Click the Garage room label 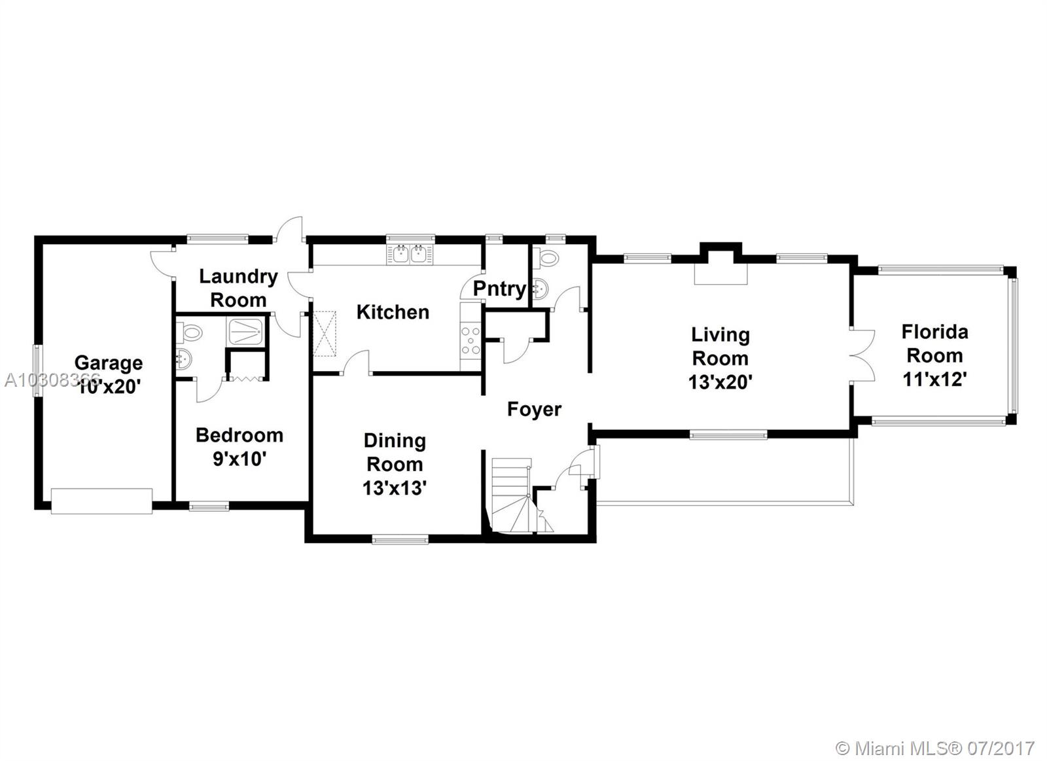click(x=109, y=363)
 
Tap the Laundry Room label click(x=238, y=288)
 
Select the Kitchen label click(x=393, y=312)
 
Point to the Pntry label click(x=499, y=289)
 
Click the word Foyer click(x=534, y=410)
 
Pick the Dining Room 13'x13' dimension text click(x=395, y=487)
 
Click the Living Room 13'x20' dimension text click(x=720, y=381)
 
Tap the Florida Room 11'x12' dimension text click(x=934, y=379)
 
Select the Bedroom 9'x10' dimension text click(x=240, y=459)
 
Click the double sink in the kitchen click(x=410, y=254)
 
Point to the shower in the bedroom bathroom click(x=246, y=331)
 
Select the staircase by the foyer click(x=514, y=494)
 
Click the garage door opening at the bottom click(x=101, y=501)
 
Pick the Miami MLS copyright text click(x=936, y=747)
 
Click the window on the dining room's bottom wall click(x=400, y=540)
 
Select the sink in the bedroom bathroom click(x=183, y=359)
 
